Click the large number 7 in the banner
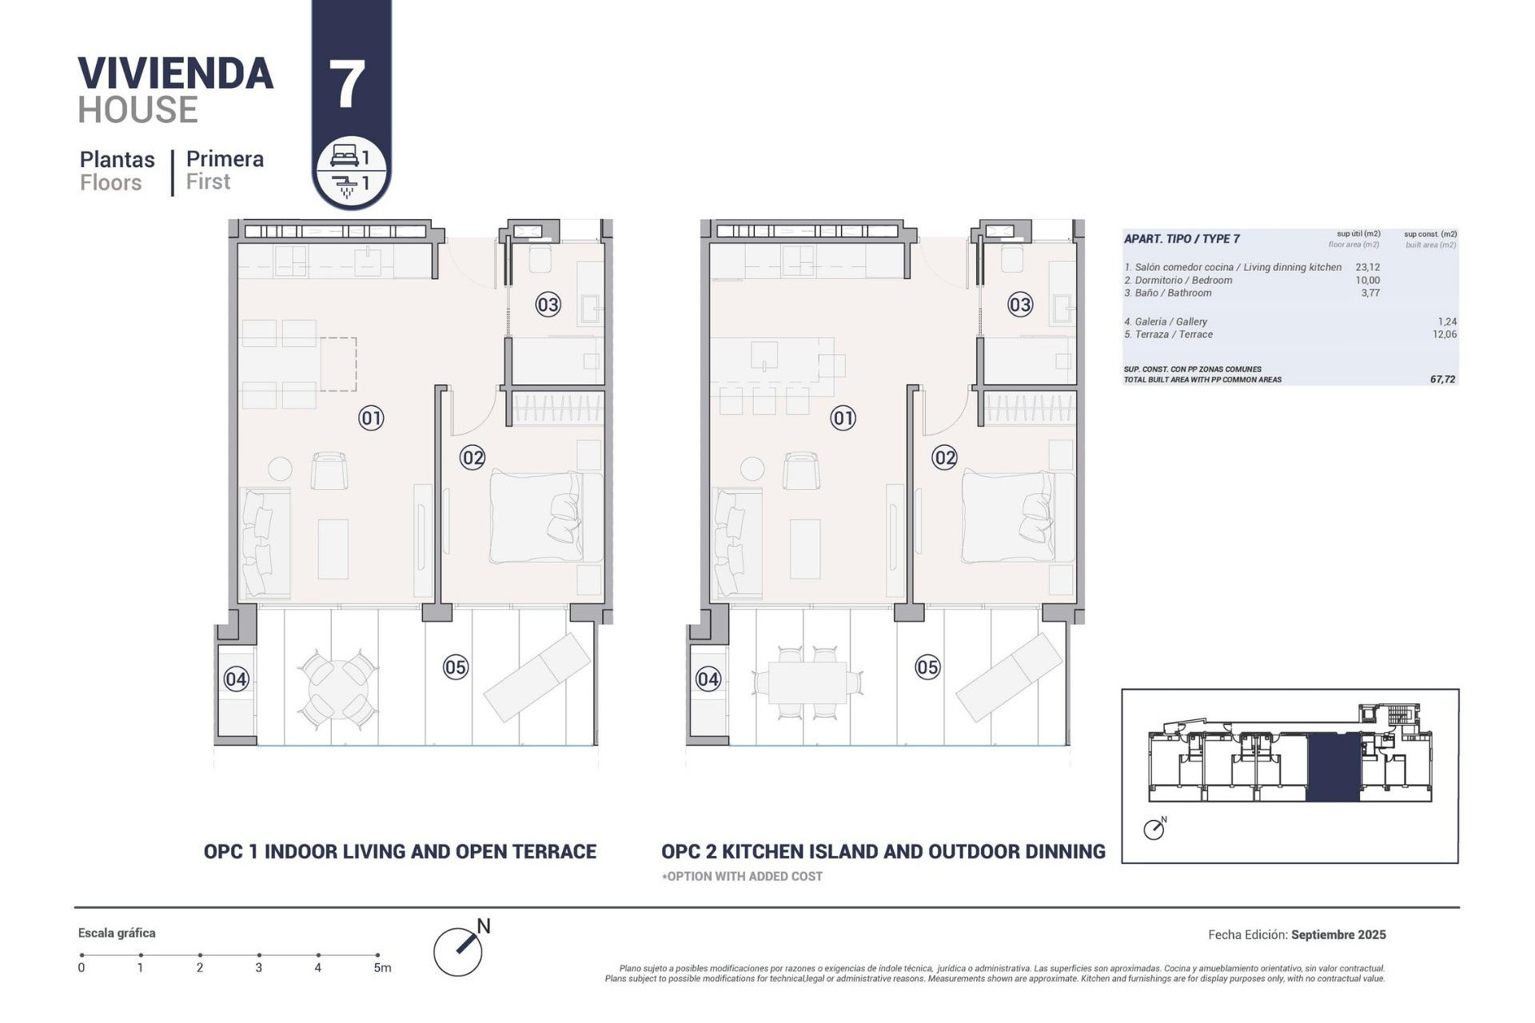pos(348,85)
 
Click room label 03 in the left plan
pos(548,305)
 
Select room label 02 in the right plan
pos(944,458)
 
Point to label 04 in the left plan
pos(236,679)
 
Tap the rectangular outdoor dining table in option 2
pos(807,683)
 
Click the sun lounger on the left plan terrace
pos(537,677)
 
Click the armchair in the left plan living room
pos(329,472)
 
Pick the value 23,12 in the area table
pos(1367,268)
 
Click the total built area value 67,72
pos(1442,380)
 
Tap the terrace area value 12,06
pos(1444,335)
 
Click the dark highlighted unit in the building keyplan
pos(1333,767)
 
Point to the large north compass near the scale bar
pos(459,950)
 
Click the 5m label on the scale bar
pos(382,968)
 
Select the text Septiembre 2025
pos(1338,934)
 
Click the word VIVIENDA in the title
pos(176,74)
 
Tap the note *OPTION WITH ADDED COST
pos(742,877)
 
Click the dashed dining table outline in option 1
pos(338,364)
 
